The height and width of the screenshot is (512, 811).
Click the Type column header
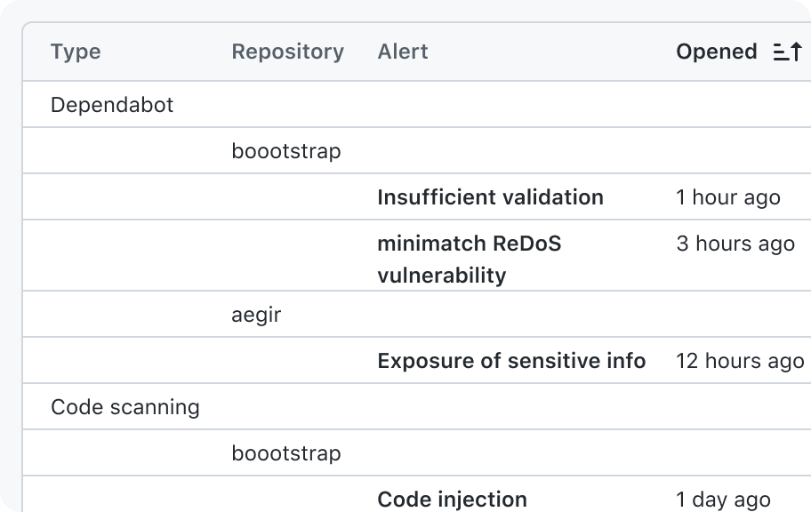pyautogui.click(x=76, y=52)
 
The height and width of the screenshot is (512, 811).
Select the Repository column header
pyautogui.click(x=287, y=52)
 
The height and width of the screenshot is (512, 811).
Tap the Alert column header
pyautogui.click(x=403, y=52)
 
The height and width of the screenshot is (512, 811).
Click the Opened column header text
pyautogui.click(x=717, y=52)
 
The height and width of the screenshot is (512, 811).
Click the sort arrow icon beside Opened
pyautogui.click(x=788, y=52)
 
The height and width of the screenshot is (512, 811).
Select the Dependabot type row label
pyautogui.click(x=112, y=105)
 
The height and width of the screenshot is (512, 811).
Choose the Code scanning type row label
pyautogui.click(x=125, y=407)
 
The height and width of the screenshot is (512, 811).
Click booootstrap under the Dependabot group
pyautogui.click(x=286, y=151)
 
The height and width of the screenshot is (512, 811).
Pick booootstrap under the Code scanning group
pyautogui.click(x=286, y=453)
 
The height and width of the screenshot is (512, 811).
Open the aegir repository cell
pyautogui.click(x=256, y=315)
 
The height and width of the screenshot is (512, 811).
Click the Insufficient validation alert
pyautogui.click(x=490, y=197)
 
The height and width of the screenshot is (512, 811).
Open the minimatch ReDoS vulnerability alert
pyautogui.click(x=470, y=259)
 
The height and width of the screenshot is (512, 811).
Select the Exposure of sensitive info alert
pyautogui.click(x=511, y=361)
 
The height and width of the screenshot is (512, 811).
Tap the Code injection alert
pyautogui.click(x=452, y=499)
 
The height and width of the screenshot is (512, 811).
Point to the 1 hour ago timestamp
pyautogui.click(x=728, y=197)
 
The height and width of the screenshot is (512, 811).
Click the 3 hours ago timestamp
pyautogui.click(x=735, y=244)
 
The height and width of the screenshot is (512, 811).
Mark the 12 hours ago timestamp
pyautogui.click(x=740, y=361)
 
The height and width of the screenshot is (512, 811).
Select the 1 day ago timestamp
pyautogui.click(x=724, y=500)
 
